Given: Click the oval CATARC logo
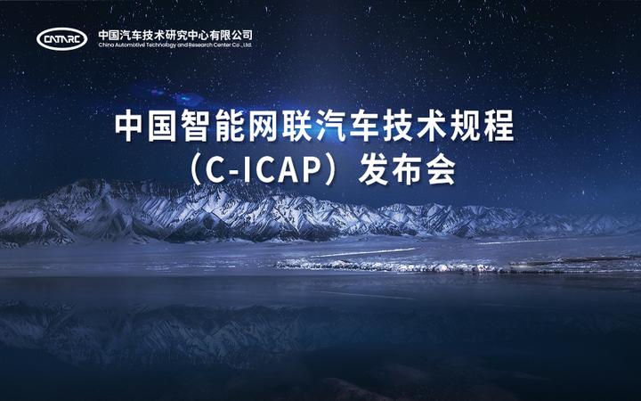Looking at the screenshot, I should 62,38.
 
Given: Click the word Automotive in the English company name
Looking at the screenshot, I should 133,44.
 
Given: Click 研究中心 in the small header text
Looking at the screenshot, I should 185,34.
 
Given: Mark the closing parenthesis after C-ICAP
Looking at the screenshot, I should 333,170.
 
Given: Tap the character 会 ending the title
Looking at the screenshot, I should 440,170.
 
